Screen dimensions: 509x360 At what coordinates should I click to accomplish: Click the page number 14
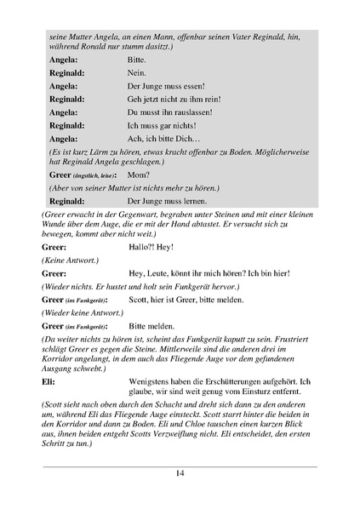[180, 473]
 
